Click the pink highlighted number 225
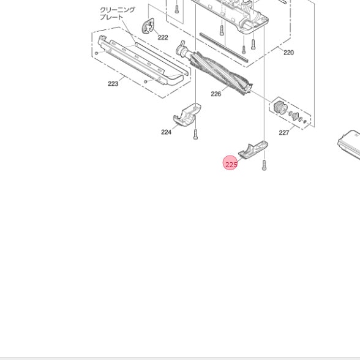tap(231, 165)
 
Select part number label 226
tap(216, 94)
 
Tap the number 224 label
tap(166, 132)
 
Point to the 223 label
tap(113, 84)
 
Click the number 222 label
tap(163, 37)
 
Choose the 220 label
tap(288, 53)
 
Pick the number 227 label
tap(284, 133)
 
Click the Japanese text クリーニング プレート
tap(118, 13)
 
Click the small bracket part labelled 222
tap(148, 26)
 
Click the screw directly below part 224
tap(195, 134)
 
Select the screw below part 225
tap(264, 165)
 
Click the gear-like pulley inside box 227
tap(280, 107)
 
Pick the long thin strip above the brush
tap(224, 47)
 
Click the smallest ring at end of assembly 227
tap(305, 121)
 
